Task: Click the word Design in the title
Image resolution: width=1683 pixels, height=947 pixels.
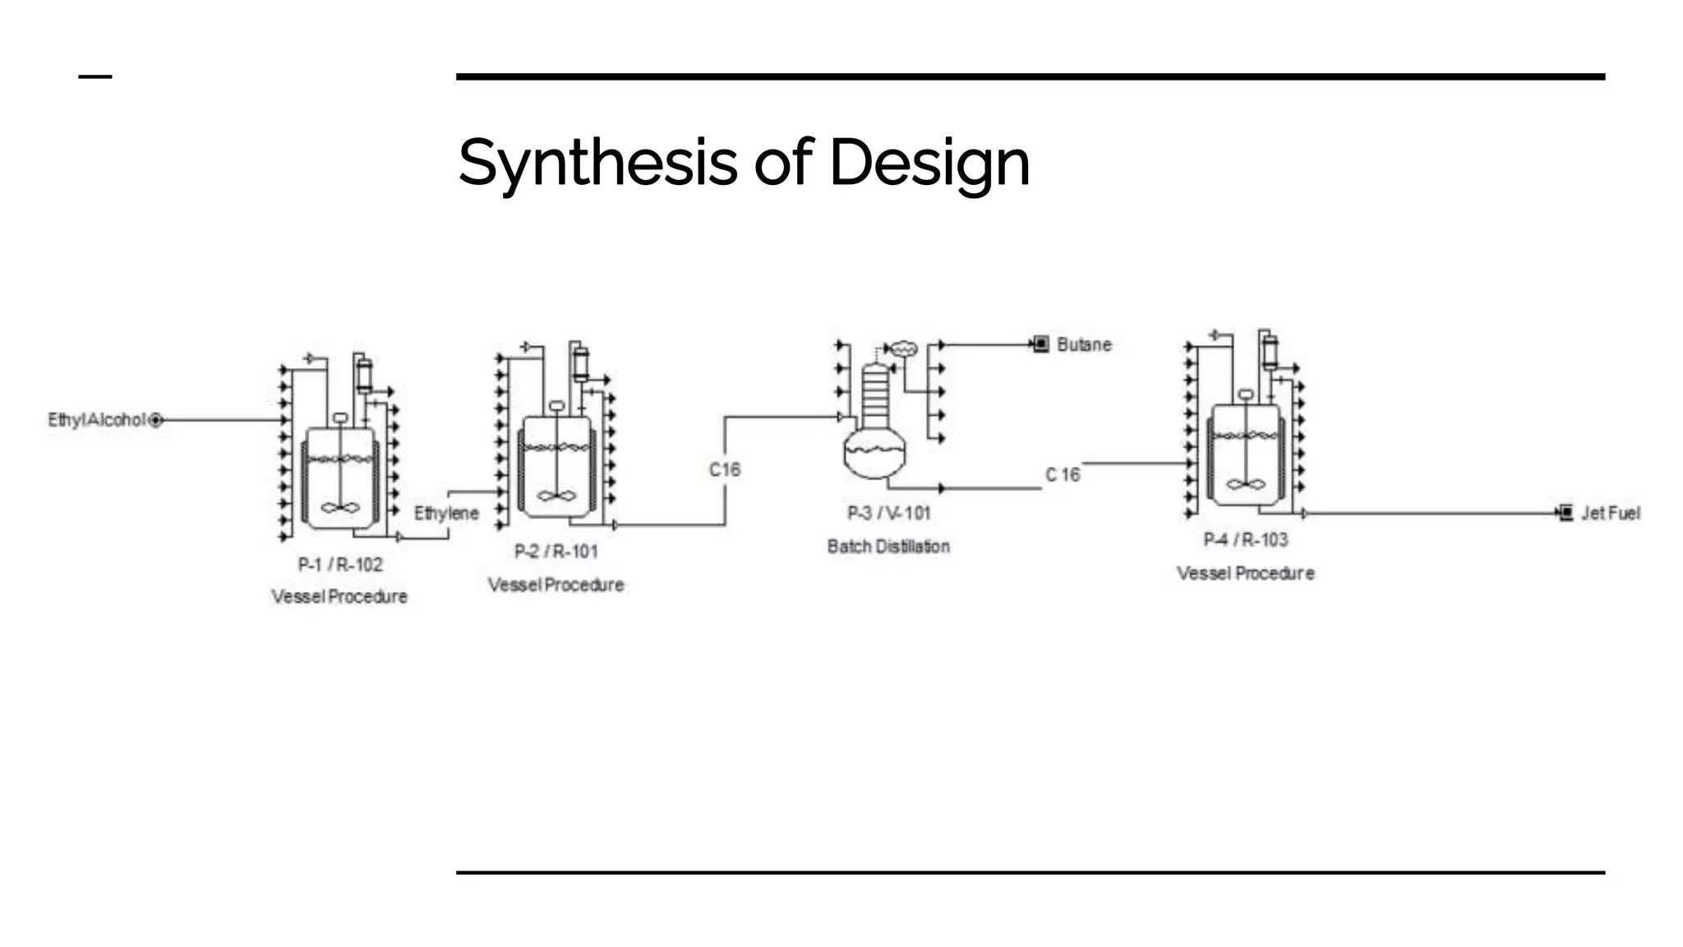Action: click(929, 163)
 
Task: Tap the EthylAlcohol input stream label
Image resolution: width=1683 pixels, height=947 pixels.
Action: click(96, 420)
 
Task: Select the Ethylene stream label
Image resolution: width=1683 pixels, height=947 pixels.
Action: click(446, 513)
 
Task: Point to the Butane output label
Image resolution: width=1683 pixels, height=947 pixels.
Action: click(1084, 344)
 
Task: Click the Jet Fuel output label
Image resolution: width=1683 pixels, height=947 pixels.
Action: click(1611, 513)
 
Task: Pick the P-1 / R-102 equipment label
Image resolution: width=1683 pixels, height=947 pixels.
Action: click(340, 565)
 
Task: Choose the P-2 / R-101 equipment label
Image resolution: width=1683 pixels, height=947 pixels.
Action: click(556, 552)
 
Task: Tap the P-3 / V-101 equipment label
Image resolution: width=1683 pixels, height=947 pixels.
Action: click(889, 513)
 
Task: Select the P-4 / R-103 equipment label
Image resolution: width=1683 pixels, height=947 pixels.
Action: click(1246, 539)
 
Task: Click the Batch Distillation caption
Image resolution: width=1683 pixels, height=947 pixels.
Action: click(888, 547)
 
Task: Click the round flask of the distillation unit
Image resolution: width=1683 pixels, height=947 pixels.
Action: click(874, 455)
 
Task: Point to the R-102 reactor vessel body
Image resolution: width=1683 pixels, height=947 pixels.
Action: click(340, 477)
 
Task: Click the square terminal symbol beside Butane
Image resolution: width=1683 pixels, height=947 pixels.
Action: click(1041, 344)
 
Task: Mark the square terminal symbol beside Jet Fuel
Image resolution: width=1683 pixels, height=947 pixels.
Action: click(1565, 513)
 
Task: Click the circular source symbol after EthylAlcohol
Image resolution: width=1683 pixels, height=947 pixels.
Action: click(156, 420)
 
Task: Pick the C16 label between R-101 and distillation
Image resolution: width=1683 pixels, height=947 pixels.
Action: click(725, 469)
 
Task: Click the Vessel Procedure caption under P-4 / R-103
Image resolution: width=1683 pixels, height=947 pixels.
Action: click(1246, 573)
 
